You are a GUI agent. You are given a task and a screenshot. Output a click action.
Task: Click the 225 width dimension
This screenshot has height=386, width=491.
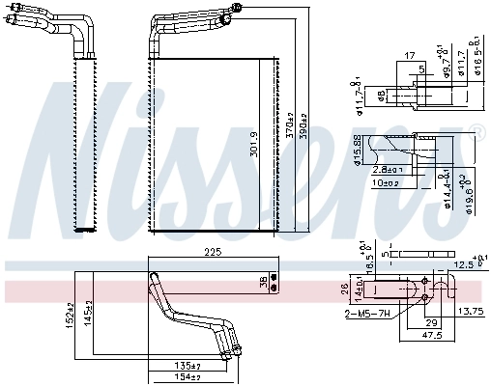(213, 252)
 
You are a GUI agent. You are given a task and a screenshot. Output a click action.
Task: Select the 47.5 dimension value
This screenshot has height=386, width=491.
(432, 335)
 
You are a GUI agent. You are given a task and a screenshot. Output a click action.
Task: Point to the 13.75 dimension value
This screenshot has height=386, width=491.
(470, 311)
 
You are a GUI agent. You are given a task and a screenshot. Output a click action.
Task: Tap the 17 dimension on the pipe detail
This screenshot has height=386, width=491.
(409, 56)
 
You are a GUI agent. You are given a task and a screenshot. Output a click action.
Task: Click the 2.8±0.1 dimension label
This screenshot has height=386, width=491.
(388, 169)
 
